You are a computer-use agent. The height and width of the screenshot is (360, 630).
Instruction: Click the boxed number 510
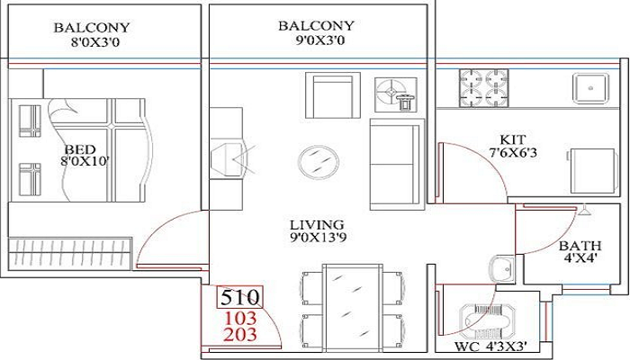(x=240, y=296)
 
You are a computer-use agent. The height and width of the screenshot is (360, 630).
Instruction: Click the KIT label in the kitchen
(x=513, y=139)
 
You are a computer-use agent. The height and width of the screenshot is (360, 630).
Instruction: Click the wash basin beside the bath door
(x=501, y=267)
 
